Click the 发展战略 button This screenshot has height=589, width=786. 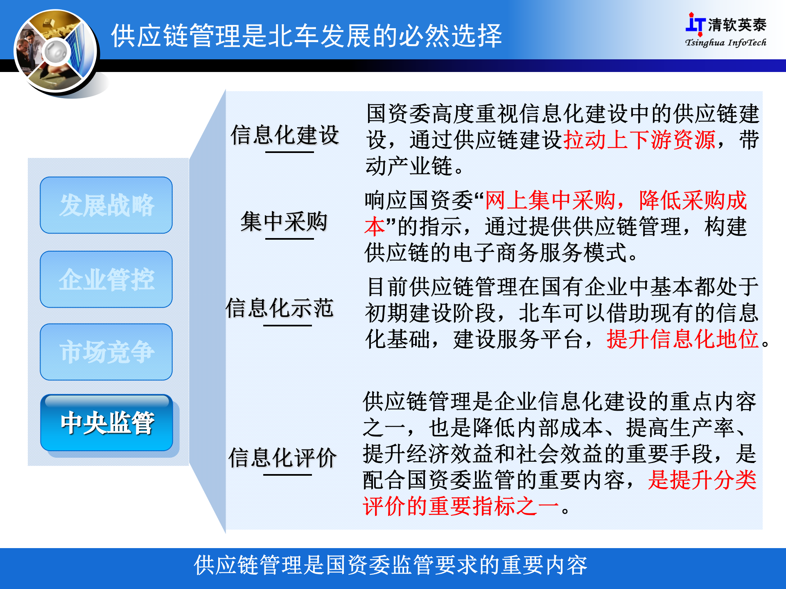coord(106,205)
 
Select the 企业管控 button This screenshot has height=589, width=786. coord(106,280)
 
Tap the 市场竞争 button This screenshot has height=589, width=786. coord(106,352)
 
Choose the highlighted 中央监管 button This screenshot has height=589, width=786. coord(107,423)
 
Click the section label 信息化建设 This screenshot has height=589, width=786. coord(285,135)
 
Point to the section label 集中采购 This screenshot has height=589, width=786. coord(284,222)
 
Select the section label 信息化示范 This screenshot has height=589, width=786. coord(280,308)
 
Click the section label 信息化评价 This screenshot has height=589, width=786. coord(282,457)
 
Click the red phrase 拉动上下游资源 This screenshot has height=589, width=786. coord(639,140)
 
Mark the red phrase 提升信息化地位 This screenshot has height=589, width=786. coord(682,339)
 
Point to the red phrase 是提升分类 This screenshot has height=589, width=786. coord(702,480)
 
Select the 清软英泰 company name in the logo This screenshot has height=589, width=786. coord(737,25)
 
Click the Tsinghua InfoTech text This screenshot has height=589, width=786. coord(725,43)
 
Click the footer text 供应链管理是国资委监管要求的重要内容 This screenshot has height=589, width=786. coord(391,565)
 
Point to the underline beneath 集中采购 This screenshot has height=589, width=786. coord(289,238)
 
